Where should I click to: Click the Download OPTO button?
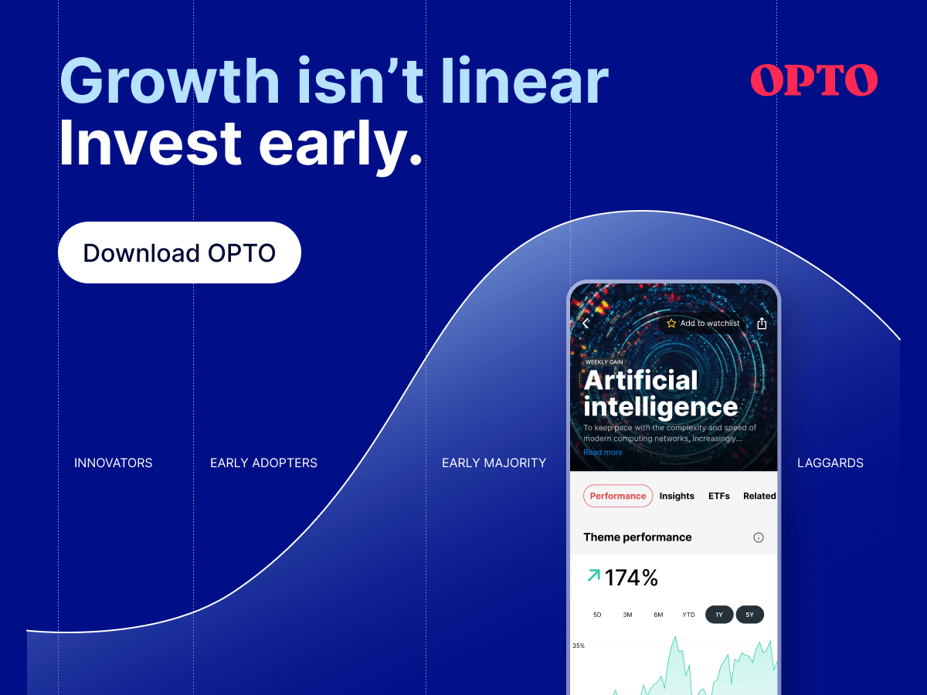[179, 253]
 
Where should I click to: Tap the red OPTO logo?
[813, 80]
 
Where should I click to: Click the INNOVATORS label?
[114, 463]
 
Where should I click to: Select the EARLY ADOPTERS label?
[263, 463]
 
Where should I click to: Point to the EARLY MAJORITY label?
[494, 463]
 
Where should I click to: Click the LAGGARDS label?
[830, 463]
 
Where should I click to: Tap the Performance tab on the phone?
[618, 496]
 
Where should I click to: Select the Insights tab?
[677, 496]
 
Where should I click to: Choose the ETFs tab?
[718, 496]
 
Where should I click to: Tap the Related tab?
[759, 496]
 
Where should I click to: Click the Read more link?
[603, 453]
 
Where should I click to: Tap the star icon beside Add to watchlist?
[671, 324]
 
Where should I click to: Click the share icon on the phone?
[762, 324]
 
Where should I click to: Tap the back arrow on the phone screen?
[586, 324]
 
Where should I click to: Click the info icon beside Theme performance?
[759, 537]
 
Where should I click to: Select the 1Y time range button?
[719, 615]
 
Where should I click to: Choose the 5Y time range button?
[749, 615]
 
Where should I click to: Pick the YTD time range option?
[688, 615]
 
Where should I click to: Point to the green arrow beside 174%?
[594, 575]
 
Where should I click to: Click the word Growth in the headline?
[169, 80]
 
